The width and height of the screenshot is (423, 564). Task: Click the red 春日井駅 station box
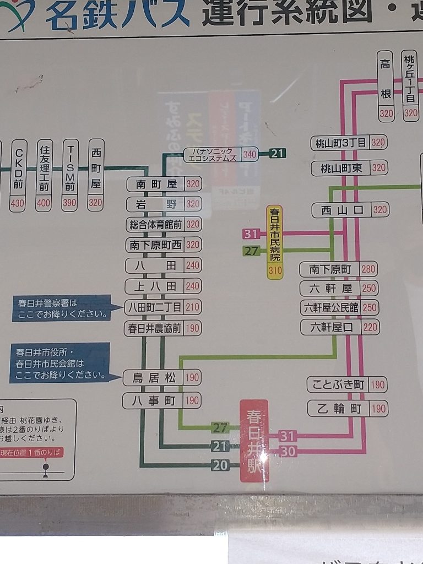click(x=254, y=440)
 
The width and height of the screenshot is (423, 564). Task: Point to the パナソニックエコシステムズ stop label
click(x=212, y=155)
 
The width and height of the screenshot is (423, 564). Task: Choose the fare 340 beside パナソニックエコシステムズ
click(x=250, y=155)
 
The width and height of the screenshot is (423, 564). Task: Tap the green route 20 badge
click(x=220, y=465)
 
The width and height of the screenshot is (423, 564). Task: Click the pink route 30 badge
click(x=288, y=451)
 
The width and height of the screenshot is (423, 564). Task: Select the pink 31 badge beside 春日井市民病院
click(x=251, y=234)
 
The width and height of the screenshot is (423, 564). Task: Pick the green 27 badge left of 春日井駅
click(x=220, y=427)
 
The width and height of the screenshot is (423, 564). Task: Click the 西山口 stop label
click(x=341, y=210)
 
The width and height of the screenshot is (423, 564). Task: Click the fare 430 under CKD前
click(x=18, y=203)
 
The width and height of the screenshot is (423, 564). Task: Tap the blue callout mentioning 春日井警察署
click(x=61, y=308)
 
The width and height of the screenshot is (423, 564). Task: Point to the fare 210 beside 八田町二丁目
click(x=193, y=307)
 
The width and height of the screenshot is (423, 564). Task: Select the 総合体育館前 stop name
click(x=155, y=224)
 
